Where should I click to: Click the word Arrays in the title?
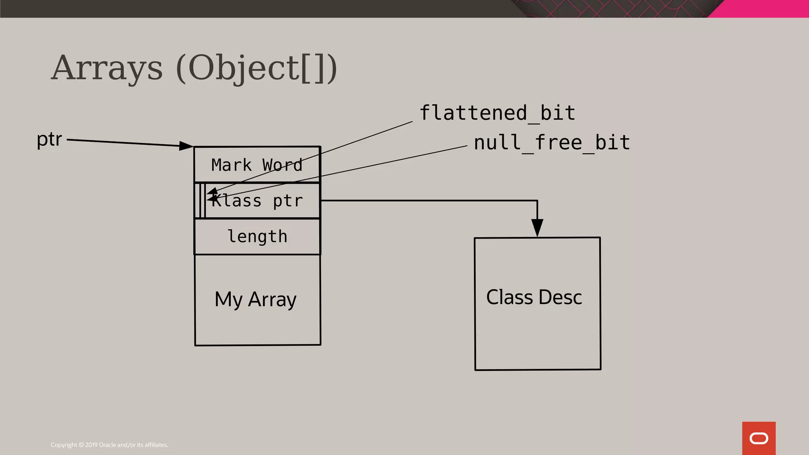click(x=107, y=68)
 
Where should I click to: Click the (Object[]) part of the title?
click(x=257, y=68)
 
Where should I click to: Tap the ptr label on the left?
click(x=49, y=139)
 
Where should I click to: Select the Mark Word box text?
click(x=257, y=165)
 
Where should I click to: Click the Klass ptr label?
click(x=257, y=201)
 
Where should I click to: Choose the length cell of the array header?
click(x=257, y=237)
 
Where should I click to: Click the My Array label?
click(x=256, y=299)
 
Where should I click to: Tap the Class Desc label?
click(x=534, y=297)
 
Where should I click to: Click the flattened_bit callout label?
click(x=497, y=113)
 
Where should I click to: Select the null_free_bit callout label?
click(x=552, y=143)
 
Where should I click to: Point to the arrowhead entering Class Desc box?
click(x=537, y=228)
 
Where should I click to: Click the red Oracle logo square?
click(x=758, y=438)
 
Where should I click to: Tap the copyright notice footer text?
click(x=109, y=445)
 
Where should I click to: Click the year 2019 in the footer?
click(x=91, y=445)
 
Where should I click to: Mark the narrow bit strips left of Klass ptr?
click(x=201, y=201)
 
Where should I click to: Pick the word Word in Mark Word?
click(x=282, y=165)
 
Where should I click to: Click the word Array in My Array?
click(x=272, y=299)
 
